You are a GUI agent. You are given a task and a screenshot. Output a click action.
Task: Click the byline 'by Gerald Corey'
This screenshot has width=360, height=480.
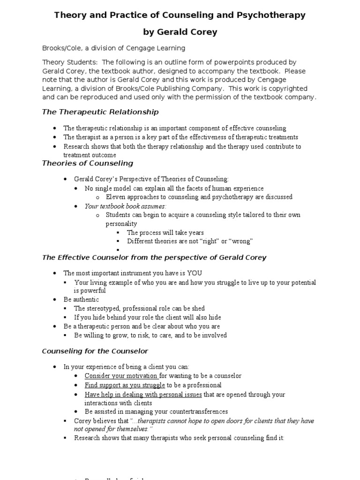coord(180,32)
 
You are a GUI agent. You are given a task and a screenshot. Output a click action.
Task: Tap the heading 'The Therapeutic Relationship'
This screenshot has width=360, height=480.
coord(100,112)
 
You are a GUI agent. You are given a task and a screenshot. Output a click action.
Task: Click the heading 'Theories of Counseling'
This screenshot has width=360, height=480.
coord(88,163)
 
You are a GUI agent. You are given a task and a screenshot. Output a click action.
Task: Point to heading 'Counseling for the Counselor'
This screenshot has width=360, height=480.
coord(95,351)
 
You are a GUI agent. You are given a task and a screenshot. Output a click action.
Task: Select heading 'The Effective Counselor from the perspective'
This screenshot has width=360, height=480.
coord(154,257)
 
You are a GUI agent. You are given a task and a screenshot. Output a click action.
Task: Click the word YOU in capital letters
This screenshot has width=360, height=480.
coord(194,273)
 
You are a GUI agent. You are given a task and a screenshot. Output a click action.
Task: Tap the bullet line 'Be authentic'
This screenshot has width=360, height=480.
coord(81,300)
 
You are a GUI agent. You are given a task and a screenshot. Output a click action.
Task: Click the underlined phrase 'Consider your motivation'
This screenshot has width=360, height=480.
coord(121,376)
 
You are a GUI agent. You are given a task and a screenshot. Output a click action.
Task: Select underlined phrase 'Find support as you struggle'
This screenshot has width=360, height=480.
coord(125,385)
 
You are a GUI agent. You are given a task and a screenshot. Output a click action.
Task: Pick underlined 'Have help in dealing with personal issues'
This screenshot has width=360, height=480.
coord(143,395)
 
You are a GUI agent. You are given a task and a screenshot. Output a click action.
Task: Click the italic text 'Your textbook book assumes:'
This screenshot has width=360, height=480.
coord(126,206)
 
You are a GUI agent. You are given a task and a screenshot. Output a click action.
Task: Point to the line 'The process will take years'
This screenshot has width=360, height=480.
coord(165,232)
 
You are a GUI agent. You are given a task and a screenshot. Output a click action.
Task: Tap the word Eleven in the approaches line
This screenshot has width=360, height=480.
coord(115,197)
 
